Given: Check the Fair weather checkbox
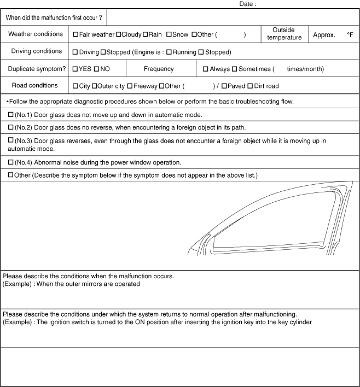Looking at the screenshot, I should point(76,34).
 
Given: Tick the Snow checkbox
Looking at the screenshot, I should point(169,34).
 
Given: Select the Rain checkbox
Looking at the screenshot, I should point(145,34).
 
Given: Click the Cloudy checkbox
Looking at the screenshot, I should point(118,34).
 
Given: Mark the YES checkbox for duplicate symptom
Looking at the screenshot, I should point(76,69).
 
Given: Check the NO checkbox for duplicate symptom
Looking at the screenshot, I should point(96,69).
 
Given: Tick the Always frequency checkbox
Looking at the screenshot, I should point(206,69).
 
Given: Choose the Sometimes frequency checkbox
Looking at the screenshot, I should point(234,69).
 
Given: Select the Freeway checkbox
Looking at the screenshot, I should point(130,86).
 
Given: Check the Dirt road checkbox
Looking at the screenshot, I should point(250,86).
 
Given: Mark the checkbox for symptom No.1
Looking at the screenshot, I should point(10,115).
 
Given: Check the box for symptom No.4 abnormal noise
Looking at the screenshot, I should point(10,162).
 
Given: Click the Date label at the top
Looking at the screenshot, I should point(247,4).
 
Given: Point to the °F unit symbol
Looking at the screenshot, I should point(350,34).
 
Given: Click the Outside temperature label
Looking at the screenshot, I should point(284,33).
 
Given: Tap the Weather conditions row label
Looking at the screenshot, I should point(36,34).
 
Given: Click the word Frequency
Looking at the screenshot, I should point(159,69).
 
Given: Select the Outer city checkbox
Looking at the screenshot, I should point(94,86).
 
